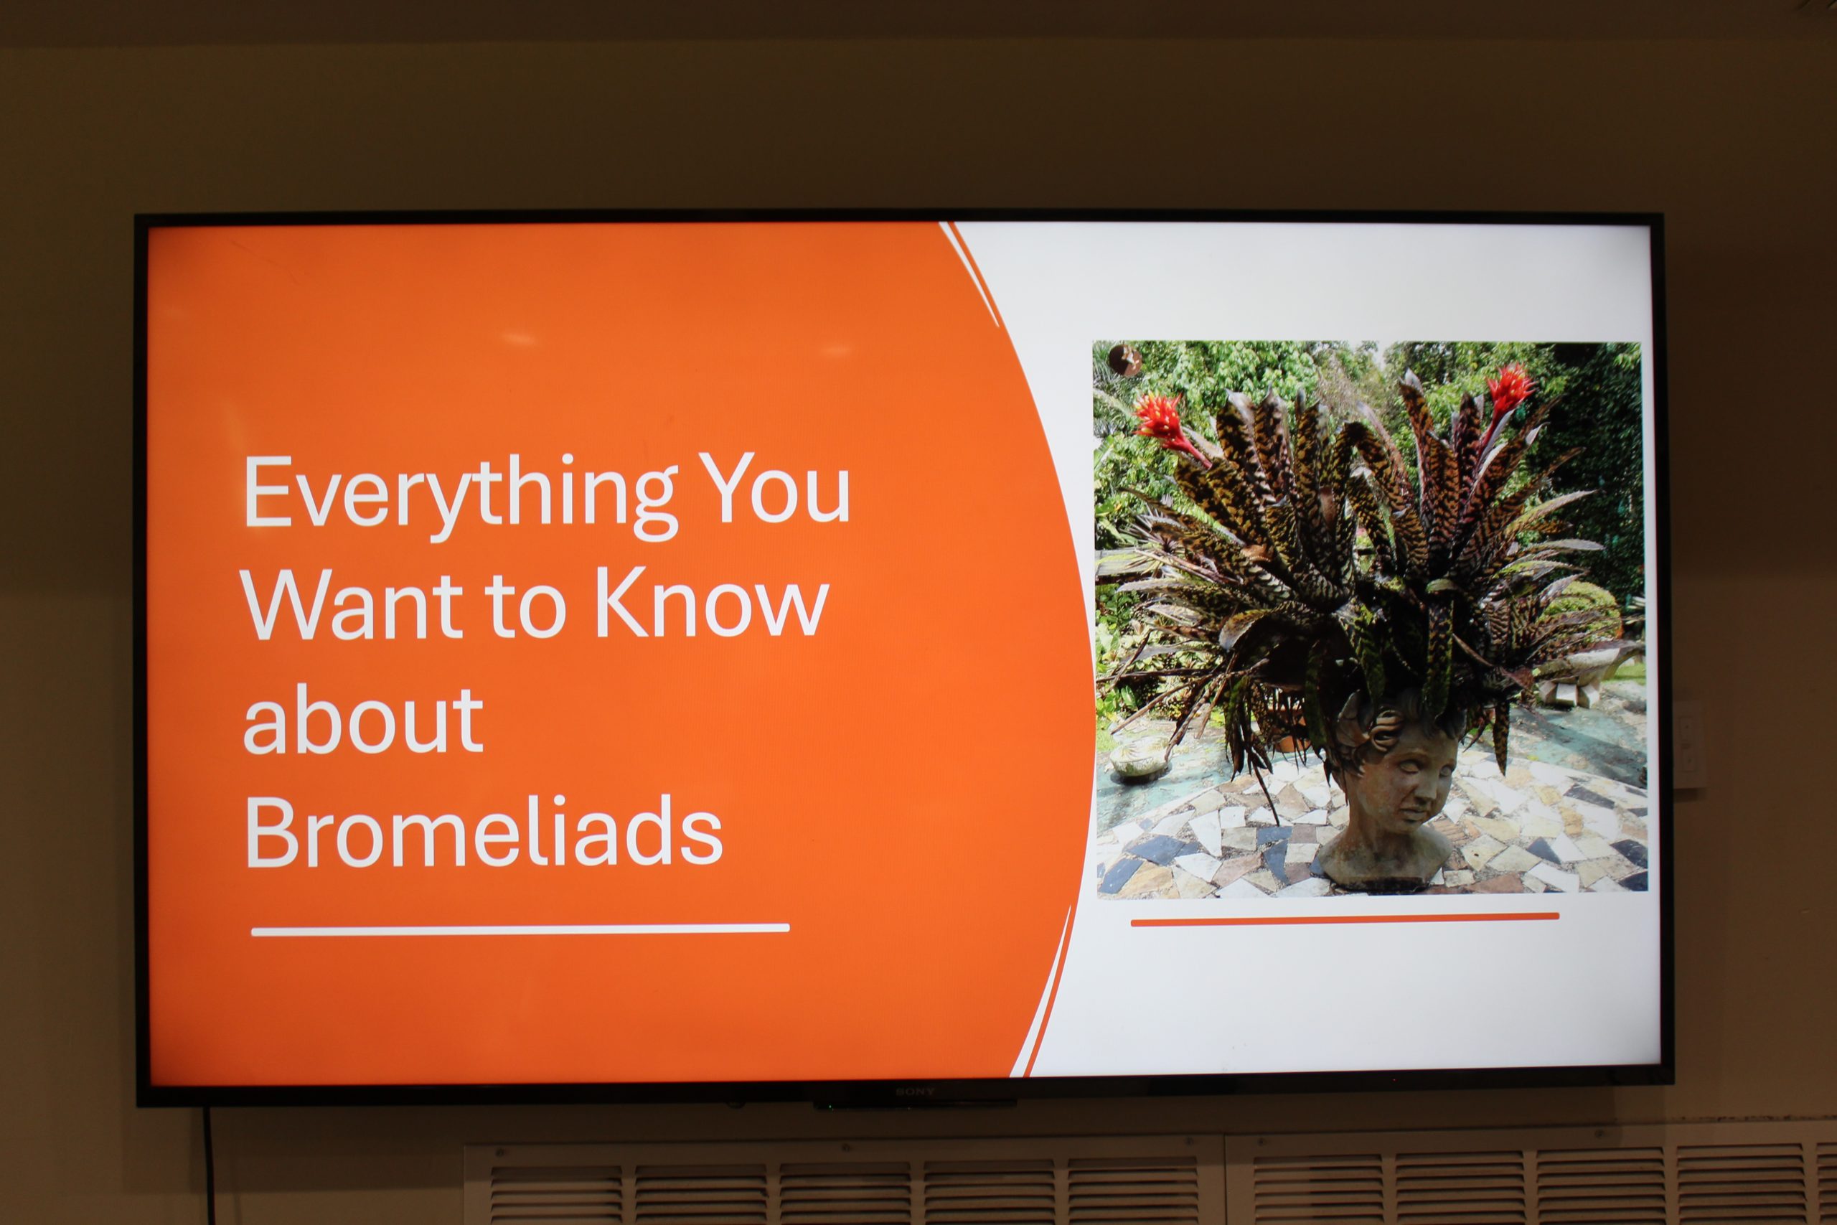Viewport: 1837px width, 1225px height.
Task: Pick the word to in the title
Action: (523, 609)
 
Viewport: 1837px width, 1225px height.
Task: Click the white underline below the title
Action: (520, 929)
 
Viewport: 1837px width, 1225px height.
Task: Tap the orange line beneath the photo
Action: (1345, 919)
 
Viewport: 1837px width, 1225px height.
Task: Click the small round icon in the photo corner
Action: (1125, 360)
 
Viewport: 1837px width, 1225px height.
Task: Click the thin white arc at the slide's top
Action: (970, 273)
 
